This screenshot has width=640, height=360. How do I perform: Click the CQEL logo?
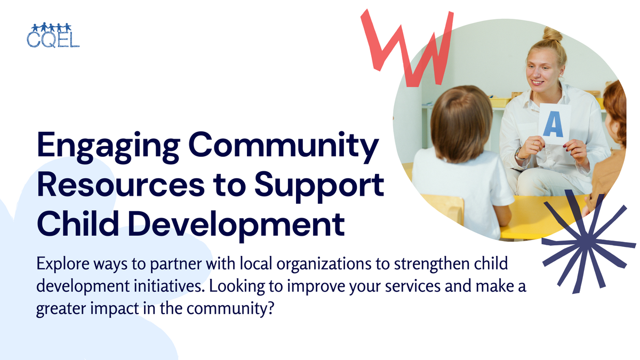tap(52, 35)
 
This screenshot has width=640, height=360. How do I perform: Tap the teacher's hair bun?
tap(553, 35)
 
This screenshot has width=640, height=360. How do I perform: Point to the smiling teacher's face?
tap(542, 73)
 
